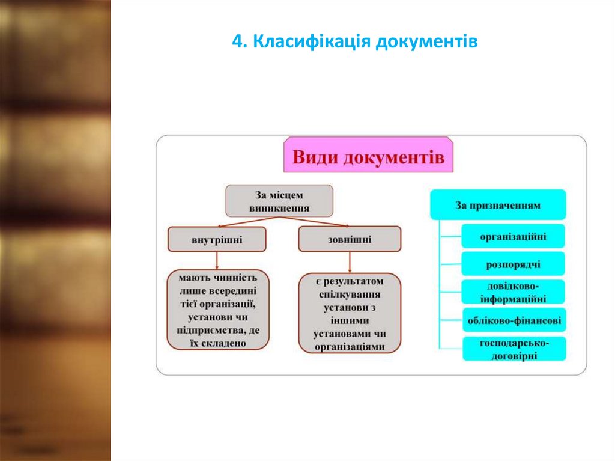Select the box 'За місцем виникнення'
tap(279, 201)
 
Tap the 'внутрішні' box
tap(217, 239)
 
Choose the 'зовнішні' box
tap(350, 239)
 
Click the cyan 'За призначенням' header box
tap(498, 205)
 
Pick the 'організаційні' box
tap(513, 236)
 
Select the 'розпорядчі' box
tap(513, 264)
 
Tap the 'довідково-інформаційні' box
tap(513, 292)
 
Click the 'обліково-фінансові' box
tap(514, 320)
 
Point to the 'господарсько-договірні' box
tap(514, 349)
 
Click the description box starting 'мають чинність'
tap(217, 310)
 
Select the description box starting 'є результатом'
tap(350, 314)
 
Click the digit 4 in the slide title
tap(236, 43)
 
